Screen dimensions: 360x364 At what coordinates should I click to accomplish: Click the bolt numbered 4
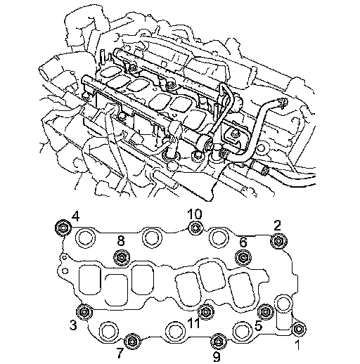tap(63, 227)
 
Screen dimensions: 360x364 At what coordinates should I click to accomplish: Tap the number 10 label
tap(195, 214)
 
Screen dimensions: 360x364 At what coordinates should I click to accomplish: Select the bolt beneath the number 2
tap(278, 241)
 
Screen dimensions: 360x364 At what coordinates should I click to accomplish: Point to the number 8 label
tap(121, 241)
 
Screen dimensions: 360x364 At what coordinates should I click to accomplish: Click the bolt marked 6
tap(243, 257)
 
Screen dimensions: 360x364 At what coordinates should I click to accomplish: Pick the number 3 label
tap(73, 325)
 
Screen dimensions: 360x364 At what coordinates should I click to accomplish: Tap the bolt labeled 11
tap(205, 311)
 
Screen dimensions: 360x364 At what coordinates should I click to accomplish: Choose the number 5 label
tap(258, 325)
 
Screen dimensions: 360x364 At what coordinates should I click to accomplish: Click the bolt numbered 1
tap(299, 329)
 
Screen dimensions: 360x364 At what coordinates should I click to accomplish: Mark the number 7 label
tap(120, 353)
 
